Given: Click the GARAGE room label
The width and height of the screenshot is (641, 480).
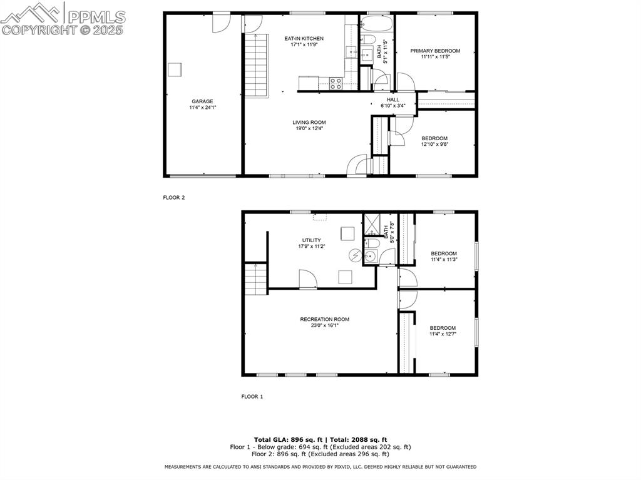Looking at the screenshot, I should point(202,101).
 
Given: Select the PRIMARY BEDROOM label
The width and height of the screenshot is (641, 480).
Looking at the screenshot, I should point(435,51).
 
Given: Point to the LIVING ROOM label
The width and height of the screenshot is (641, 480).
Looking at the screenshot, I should point(309,123).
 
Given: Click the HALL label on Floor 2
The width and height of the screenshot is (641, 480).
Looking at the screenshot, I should point(392,100).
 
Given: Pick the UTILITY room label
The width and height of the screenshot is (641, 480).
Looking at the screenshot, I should point(311,240).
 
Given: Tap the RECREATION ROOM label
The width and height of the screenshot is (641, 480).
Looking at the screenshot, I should point(324,319).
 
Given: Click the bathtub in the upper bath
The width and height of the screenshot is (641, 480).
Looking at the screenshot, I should point(377,26).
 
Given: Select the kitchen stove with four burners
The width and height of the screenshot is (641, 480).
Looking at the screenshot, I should point(336,83).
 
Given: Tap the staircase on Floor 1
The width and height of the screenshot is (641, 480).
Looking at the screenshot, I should point(255,279).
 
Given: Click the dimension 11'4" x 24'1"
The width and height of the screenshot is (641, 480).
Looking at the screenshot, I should point(202,108).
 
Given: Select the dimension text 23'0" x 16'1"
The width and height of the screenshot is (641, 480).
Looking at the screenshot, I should point(324,325).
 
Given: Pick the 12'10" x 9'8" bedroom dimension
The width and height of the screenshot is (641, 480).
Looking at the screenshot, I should point(434,145).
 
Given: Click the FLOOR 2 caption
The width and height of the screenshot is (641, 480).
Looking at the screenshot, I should point(174,197).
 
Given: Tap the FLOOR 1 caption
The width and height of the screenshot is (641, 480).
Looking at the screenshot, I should point(252,396).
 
